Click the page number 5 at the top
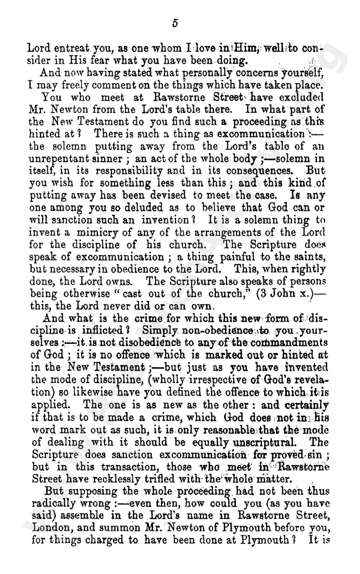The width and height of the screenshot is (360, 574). tap(174, 23)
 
